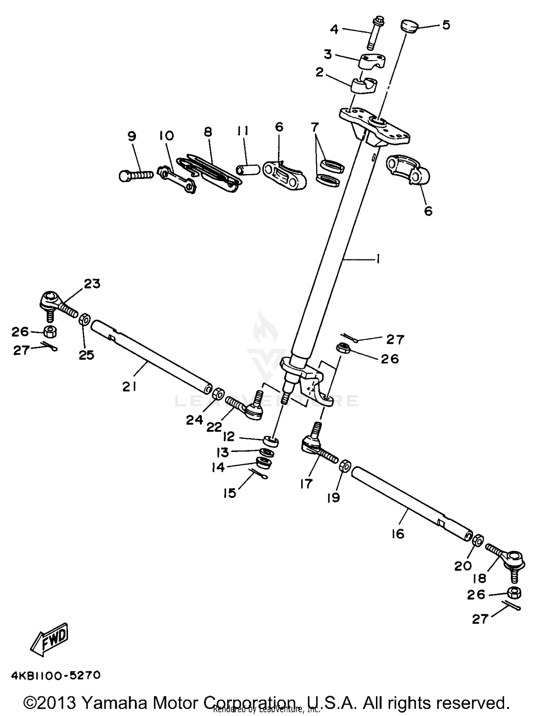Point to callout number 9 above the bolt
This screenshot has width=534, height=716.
point(132,136)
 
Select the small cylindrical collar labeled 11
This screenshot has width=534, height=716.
point(248,169)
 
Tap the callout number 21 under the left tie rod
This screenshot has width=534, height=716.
point(129,386)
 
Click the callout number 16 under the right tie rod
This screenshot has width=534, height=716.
point(398,534)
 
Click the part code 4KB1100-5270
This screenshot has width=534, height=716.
point(56,675)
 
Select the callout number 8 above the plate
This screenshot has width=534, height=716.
point(208,132)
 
